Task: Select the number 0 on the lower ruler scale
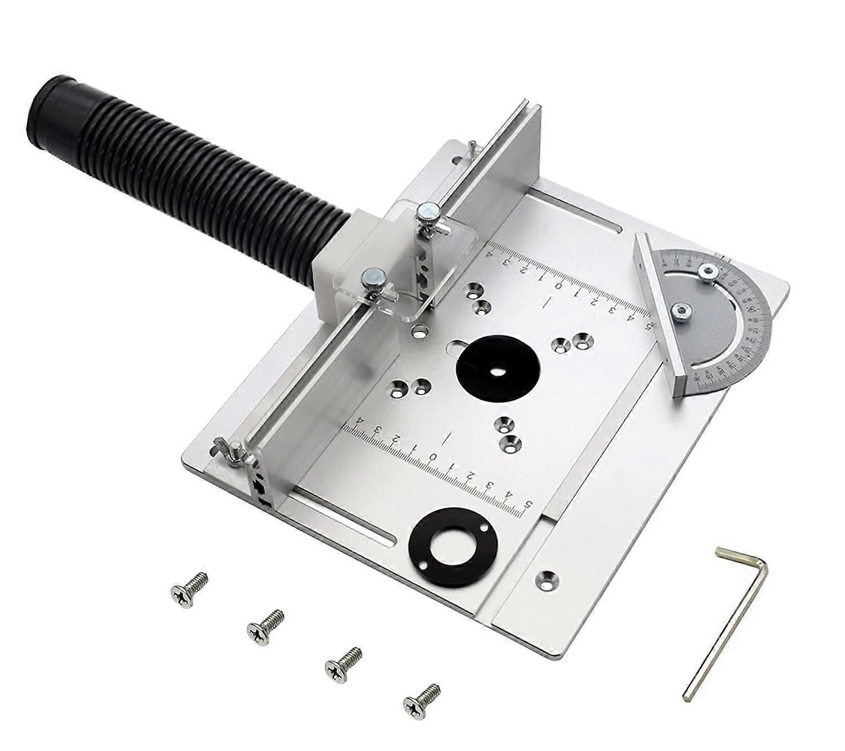tap(433, 456)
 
